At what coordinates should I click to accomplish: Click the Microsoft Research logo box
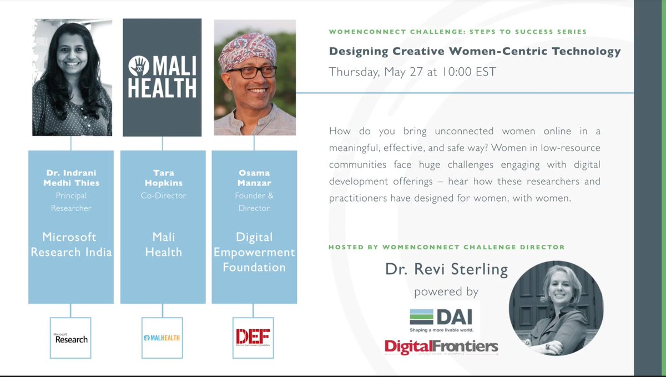(70, 337)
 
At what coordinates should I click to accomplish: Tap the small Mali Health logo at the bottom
(162, 338)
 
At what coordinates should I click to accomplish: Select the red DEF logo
(253, 337)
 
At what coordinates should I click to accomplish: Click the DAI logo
(441, 317)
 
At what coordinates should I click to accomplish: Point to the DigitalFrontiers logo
(441, 347)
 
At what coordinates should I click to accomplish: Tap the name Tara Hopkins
(163, 178)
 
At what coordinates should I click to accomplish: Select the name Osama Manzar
(254, 178)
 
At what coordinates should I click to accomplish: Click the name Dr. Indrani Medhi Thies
(71, 178)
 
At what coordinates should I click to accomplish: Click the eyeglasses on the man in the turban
(252, 73)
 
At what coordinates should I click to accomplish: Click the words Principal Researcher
(71, 202)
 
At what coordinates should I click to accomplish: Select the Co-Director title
(163, 196)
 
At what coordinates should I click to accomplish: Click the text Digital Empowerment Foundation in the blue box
(254, 252)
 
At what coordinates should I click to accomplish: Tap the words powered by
(446, 291)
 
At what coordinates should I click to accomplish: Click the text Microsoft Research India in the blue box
(71, 244)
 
